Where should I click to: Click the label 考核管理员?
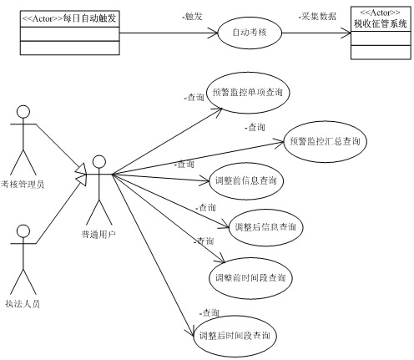(x=23, y=185)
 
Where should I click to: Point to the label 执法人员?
(x=23, y=304)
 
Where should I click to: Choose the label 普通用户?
(x=98, y=235)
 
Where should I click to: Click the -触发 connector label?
(x=192, y=17)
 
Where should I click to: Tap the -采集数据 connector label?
(x=317, y=17)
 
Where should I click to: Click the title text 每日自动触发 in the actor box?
(x=89, y=18)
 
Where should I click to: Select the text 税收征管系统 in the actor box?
(x=381, y=23)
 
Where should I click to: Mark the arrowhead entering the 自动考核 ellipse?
(x=214, y=33)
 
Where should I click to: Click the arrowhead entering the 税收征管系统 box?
(x=346, y=33)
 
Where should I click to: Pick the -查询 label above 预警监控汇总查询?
(x=255, y=127)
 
